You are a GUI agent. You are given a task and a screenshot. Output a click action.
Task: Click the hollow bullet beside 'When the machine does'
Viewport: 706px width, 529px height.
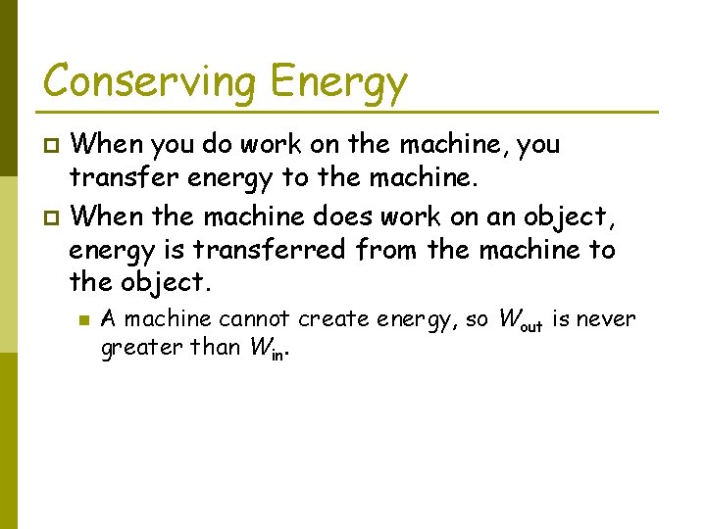point(54,216)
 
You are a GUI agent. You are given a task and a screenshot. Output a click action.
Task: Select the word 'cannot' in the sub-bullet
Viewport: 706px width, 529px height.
point(255,319)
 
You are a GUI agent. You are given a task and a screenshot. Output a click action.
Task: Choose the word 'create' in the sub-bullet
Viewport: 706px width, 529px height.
point(334,319)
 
